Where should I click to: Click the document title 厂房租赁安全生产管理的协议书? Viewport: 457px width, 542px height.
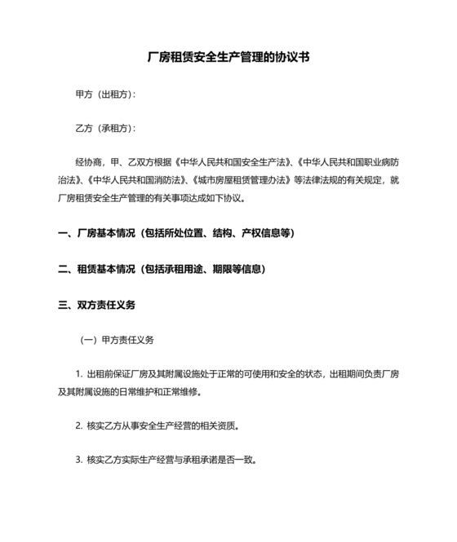[x=228, y=58]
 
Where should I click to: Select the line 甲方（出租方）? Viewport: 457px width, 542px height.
[x=105, y=95]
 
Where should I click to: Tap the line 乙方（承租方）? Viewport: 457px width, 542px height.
[x=105, y=129]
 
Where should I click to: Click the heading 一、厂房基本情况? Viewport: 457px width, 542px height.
[x=97, y=233]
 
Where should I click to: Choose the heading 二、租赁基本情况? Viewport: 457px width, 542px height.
[x=97, y=269]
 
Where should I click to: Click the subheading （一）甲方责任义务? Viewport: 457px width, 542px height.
[x=116, y=340]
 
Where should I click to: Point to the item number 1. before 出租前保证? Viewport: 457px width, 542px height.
[x=79, y=374]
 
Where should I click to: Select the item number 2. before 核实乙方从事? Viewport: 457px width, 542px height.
[x=79, y=425]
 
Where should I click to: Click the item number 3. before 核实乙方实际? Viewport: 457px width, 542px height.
[x=79, y=460]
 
